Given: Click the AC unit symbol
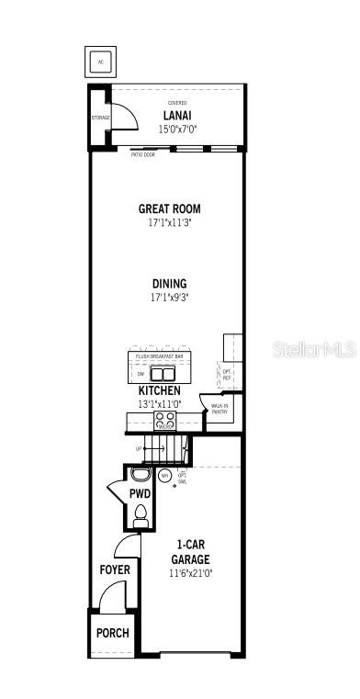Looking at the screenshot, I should tap(102, 62).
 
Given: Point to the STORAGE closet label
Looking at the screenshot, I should tap(100, 118).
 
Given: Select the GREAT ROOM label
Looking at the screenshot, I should tap(169, 209).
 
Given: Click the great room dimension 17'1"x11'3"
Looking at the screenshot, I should tap(169, 222).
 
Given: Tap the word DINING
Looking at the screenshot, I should tap(169, 284).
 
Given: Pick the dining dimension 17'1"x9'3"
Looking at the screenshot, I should tap(169, 298).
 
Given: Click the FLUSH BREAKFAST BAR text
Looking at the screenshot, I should tap(160, 356).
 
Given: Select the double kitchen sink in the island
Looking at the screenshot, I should tap(163, 374).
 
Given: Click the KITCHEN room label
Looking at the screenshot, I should tap(160, 390).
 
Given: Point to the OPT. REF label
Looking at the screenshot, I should tap(226, 374).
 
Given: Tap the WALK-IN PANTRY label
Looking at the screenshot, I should tap(220, 409).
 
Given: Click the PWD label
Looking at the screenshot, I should tap(140, 494).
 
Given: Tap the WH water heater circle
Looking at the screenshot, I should tap(164, 476).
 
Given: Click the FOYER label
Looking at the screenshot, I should tap(115, 569).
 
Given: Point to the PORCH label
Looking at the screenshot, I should tap(113, 633).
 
